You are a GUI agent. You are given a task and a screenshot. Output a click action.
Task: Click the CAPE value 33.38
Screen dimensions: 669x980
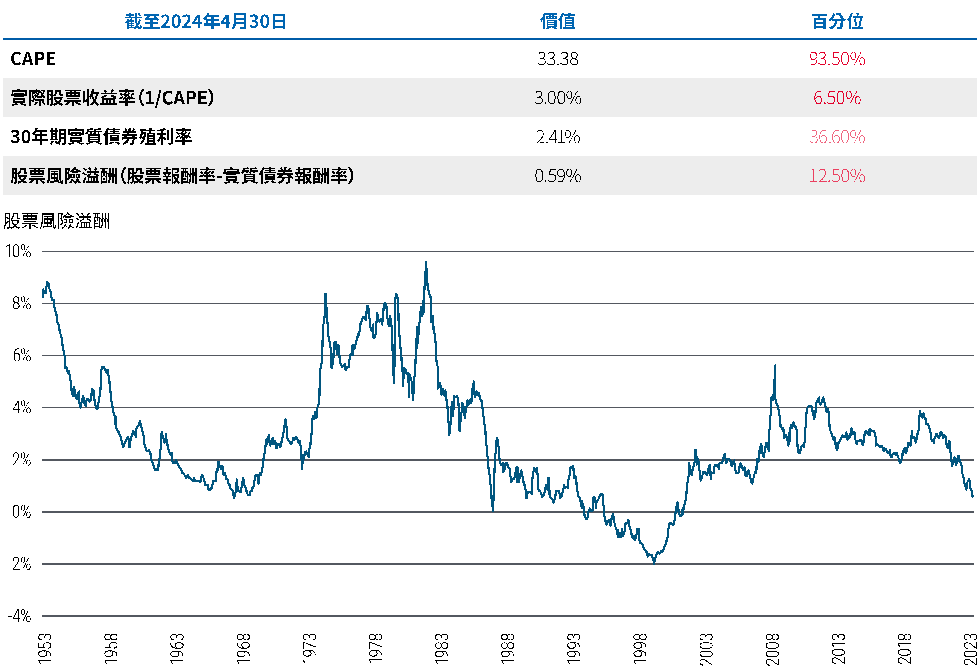pyautogui.click(x=557, y=59)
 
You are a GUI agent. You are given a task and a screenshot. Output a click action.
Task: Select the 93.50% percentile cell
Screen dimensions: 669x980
pyautogui.click(x=837, y=59)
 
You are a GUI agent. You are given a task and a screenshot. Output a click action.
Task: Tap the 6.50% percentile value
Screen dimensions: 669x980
pyautogui.click(x=837, y=98)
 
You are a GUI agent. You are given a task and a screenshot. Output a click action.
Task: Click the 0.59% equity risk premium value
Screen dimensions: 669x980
pyautogui.click(x=557, y=176)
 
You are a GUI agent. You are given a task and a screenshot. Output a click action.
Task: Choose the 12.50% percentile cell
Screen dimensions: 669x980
pyautogui.click(x=837, y=176)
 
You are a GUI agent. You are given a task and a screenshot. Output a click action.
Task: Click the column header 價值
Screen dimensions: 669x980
pyautogui.click(x=557, y=21)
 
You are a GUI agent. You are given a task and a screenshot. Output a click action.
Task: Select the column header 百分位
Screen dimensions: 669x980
pyautogui.click(x=837, y=21)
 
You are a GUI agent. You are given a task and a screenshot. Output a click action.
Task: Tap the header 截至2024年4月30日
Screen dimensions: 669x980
pyautogui.click(x=206, y=21)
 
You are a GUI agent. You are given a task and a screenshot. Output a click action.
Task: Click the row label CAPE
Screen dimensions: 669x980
pyautogui.click(x=33, y=59)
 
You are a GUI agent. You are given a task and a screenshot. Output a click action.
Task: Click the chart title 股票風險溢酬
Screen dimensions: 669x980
pyautogui.click(x=56, y=221)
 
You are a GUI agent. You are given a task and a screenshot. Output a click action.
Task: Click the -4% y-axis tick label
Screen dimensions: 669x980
pyautogui.click(x=19, y=616)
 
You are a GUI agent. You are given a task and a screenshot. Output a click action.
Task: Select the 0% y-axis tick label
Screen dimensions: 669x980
pyautogui.click(x=21, y=512)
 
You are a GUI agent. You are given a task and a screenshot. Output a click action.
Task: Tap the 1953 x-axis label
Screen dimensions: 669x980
pyautogui.click(x=45, y=648)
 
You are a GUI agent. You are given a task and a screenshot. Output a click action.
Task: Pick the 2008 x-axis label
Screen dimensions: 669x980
pyautogui.click(x=772, y=648)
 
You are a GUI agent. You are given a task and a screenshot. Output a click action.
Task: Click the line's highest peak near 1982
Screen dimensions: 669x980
pyautogui.click(x=426, y=262)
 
